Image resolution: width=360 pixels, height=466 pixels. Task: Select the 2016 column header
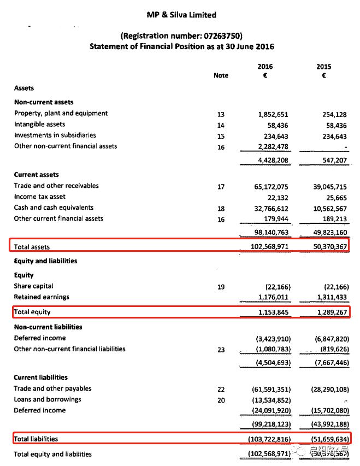(265, 67)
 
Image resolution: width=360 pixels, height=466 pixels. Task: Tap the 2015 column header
(323, 67)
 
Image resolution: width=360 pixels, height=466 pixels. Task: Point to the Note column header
(221, 75)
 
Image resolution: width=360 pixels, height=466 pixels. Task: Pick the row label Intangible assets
(39, 125)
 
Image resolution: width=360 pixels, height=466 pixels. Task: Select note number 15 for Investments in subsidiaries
(221, 136)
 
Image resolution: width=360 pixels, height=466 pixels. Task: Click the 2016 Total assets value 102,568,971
(266, 247)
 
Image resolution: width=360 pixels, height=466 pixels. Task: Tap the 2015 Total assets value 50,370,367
(326, 247)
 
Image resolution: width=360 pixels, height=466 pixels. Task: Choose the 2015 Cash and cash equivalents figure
(326, 208)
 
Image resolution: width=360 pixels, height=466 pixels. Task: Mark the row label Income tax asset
(39, 197)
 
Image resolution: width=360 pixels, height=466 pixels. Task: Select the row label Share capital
(33, 286)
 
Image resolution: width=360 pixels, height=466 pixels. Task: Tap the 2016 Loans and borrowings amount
(267, 400)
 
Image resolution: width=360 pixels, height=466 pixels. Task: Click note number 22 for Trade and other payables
(221, 389)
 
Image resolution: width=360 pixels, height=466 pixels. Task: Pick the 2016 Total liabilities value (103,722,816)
(266, 439)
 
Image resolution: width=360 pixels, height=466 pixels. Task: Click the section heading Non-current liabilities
(48, 327)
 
